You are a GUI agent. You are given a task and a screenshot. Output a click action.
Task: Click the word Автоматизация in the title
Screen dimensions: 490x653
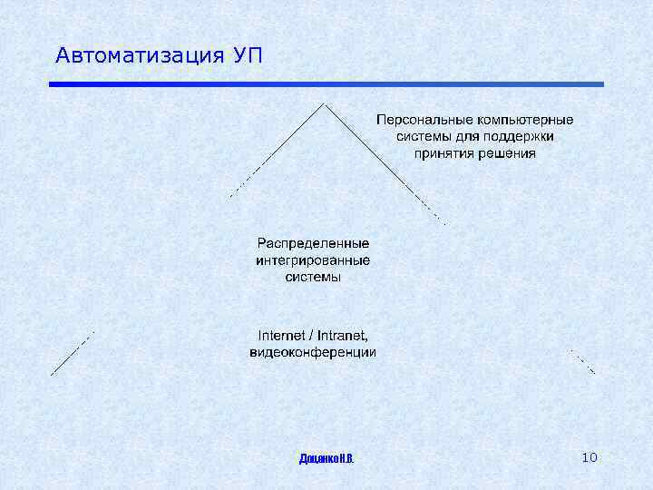pos(137,55)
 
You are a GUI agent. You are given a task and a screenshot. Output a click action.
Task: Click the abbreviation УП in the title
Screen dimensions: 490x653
pos(248,55)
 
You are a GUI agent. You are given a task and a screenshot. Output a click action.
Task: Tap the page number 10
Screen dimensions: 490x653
pos(589,457)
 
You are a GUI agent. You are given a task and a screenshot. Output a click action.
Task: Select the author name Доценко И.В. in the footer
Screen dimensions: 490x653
pos(326,458)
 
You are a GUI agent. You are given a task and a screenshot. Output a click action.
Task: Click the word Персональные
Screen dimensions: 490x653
pos(419,120)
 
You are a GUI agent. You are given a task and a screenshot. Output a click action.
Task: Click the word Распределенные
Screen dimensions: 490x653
pos(313,243)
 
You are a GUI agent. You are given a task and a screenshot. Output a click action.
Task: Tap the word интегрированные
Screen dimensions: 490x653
pos(313,260)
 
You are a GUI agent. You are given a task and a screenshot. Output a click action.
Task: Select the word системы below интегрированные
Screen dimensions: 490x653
pos(313,277)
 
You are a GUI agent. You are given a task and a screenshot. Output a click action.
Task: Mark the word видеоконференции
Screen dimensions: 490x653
pos(313,352)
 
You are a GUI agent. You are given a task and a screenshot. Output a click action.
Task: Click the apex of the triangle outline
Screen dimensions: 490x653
pos(324,103)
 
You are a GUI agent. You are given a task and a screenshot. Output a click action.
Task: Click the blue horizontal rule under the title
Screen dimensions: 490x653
pos(326,84)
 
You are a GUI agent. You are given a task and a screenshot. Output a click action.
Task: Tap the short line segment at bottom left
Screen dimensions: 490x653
pos(71,354)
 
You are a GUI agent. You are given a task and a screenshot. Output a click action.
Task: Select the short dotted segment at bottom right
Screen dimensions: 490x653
pos(582,361)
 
